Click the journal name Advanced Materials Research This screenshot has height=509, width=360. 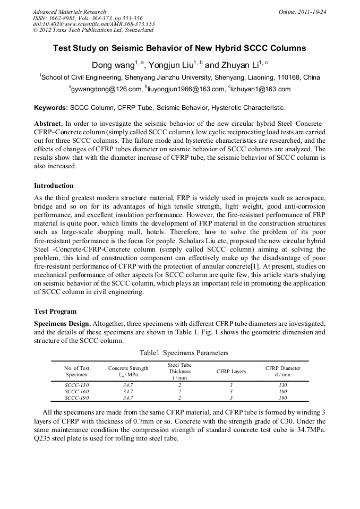coord(69,12)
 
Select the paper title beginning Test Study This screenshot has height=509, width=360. coord(179,48)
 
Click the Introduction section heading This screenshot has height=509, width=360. coord(54,186)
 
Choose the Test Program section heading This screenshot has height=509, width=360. coord(55,312)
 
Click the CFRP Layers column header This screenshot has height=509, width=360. coord(231,372)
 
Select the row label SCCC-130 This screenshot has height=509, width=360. coord(76,384)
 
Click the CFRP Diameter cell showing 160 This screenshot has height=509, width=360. coord(282,391)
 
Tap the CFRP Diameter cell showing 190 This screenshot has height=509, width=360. coord(282,397)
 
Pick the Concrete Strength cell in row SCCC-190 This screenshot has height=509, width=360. coord(128,397)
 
